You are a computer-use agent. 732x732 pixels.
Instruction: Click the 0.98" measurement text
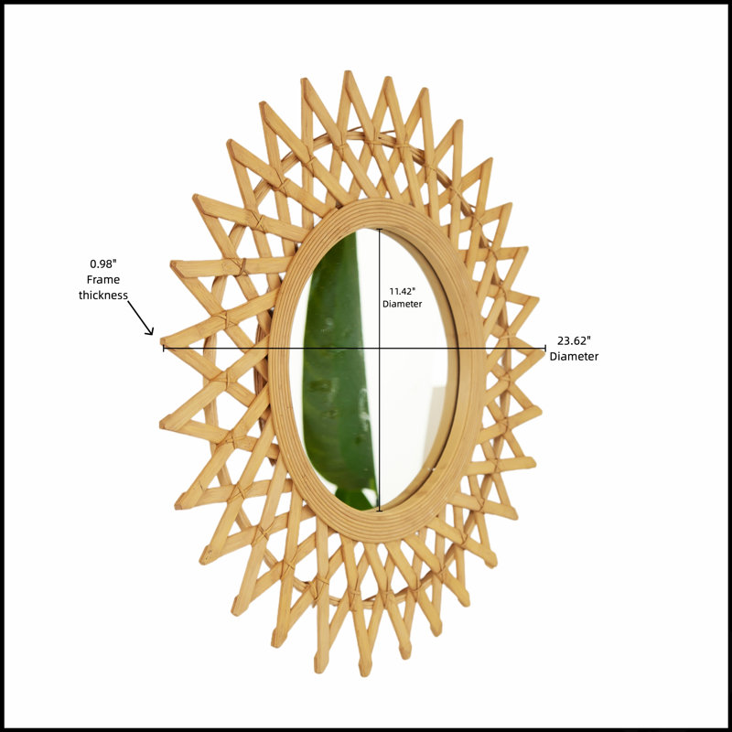[x=102, y=264]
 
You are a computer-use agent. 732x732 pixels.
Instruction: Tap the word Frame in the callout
[x=103, y=280]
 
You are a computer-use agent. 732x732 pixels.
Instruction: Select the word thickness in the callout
[x=102, y=295]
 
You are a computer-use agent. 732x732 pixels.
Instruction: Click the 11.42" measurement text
[x=402, y=291]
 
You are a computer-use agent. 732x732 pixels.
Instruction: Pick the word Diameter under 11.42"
[x=402, y=304]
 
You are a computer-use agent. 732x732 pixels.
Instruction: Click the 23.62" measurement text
[x=574, y=340]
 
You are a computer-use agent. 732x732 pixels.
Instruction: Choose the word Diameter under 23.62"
[x=574, y=356]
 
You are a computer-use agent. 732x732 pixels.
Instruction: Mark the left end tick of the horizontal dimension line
[x=164, y=348]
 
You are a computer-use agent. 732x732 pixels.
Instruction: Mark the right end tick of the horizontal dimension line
[x=545, y=348]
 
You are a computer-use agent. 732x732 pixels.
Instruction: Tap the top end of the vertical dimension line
[x=380, y=230]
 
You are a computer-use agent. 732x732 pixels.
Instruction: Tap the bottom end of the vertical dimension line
[x=380, y=511]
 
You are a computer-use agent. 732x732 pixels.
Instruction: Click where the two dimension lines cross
[x=380, y=348]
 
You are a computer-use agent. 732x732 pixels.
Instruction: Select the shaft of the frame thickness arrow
[x=140, y=317]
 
